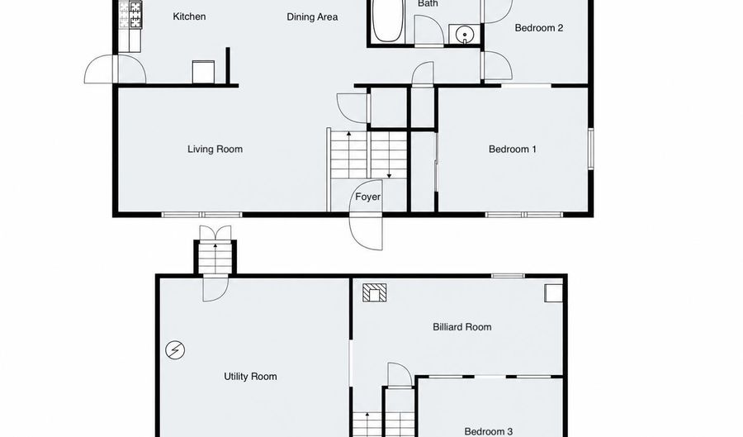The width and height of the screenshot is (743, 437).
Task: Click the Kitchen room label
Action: tap(189, 17)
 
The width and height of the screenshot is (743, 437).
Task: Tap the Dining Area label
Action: tap(312, 17)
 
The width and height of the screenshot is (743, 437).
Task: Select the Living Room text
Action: tap(215, 150)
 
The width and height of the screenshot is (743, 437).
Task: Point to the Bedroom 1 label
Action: tap(512, 150)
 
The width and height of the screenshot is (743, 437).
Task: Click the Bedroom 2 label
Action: tap(539, 28)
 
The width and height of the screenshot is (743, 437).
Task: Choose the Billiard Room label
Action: tap(462, 327)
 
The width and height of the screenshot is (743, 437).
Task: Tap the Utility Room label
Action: tap(250, 377)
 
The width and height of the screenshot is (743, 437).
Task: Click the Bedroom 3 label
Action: tap(489, 431)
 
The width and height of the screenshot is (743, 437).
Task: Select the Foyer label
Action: tap(367, 197)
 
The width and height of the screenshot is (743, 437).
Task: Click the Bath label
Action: tap(428, 4)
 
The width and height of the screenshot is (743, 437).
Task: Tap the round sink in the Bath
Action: tap(464, 35)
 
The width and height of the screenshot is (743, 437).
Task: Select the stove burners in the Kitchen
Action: tap(130, 15)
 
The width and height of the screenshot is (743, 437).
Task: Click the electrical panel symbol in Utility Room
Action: tap(175, 350)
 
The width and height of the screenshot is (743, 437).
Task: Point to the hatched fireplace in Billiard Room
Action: tap(374, 293)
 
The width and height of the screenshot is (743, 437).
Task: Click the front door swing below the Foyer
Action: tap(366, 232)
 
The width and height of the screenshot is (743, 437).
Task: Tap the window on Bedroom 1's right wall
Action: tap(591, 149)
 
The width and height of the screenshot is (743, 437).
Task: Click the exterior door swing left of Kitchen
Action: tap(115, 69)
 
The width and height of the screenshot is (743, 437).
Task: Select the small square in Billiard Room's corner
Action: tap(553, 293)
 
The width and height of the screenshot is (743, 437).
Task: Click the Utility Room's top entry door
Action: tap(215, 287)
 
